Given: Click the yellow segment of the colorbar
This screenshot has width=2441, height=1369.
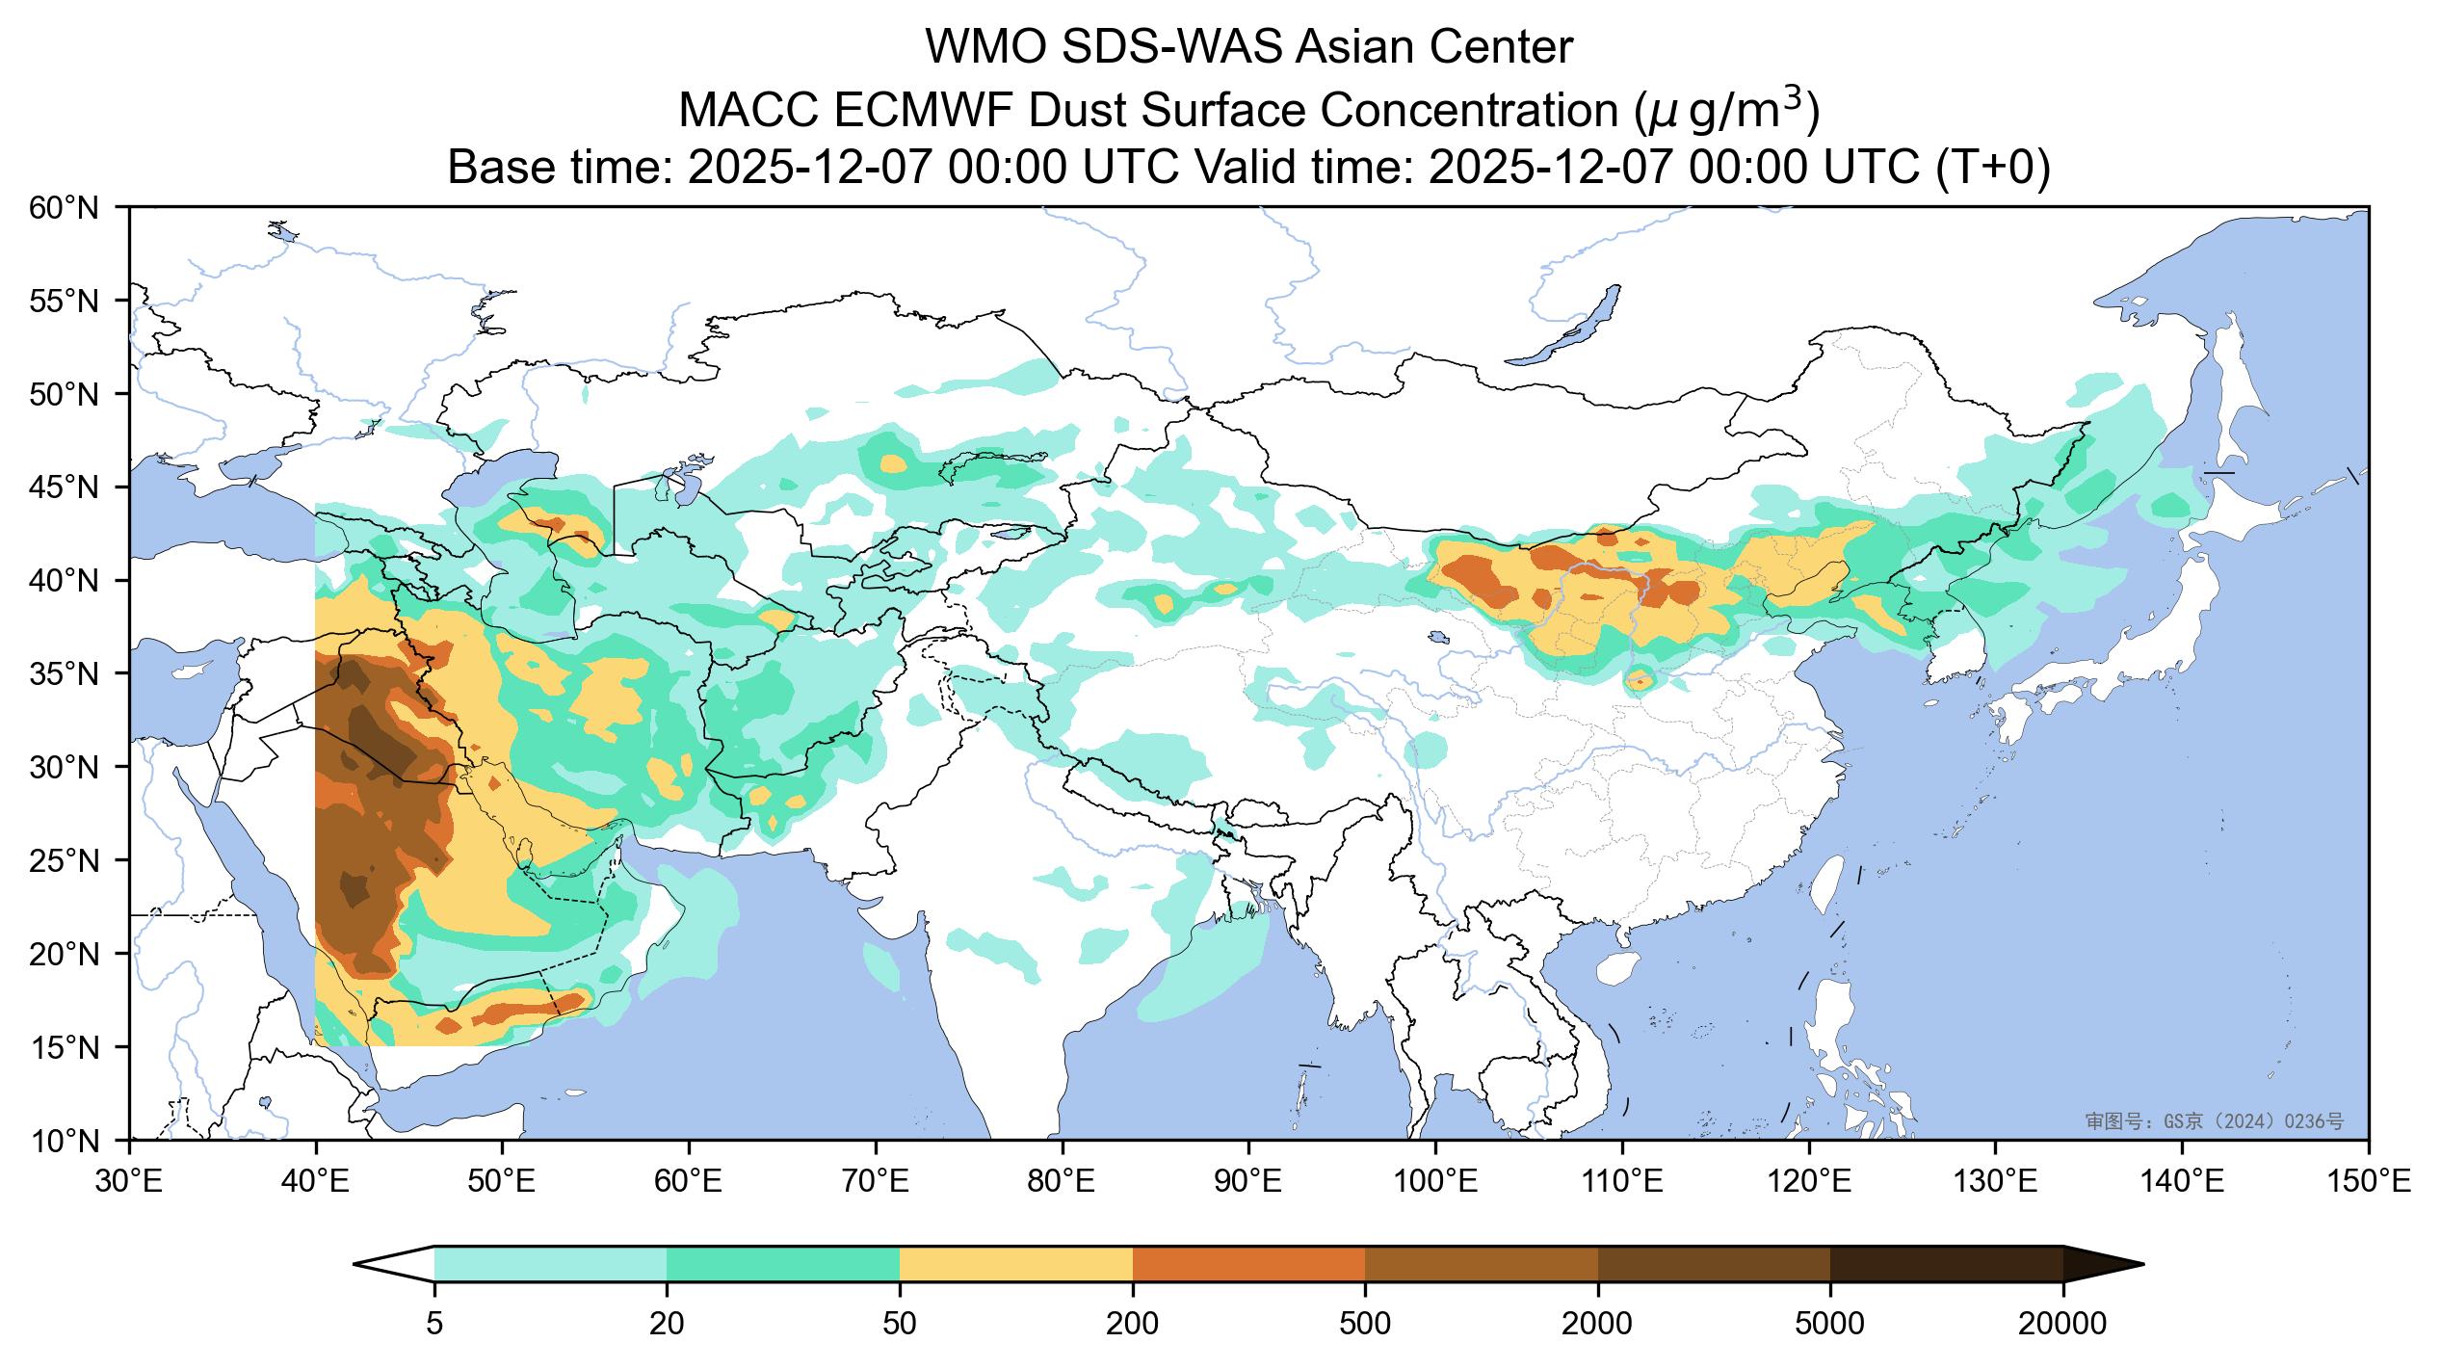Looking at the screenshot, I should coord(1015,1263).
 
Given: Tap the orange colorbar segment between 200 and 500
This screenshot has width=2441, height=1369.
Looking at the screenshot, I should coord(1248,1263).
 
